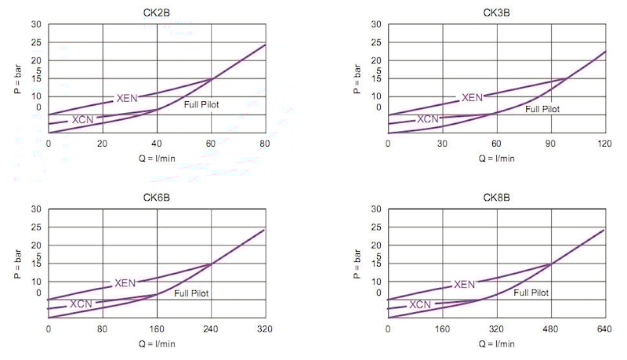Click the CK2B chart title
tap(157, 13)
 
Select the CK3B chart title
tap(497, 13)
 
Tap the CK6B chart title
tap(157, 197)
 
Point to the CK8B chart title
tap(497, 197)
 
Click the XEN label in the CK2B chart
tap(128, 98)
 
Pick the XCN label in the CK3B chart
tap(428, 119)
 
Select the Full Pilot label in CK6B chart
tap(192, 293)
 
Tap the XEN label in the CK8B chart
tap(465, 284)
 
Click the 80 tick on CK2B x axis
tap(265, 144)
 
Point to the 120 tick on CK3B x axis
tap(604, 144)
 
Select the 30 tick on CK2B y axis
tap(36, 24)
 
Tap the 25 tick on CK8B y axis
tap(376, 227)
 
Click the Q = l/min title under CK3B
tap(497, 158)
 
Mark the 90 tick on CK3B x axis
tap(550, 144)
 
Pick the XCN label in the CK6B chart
tap(82, 304)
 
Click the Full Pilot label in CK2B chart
tap(201, 104)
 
